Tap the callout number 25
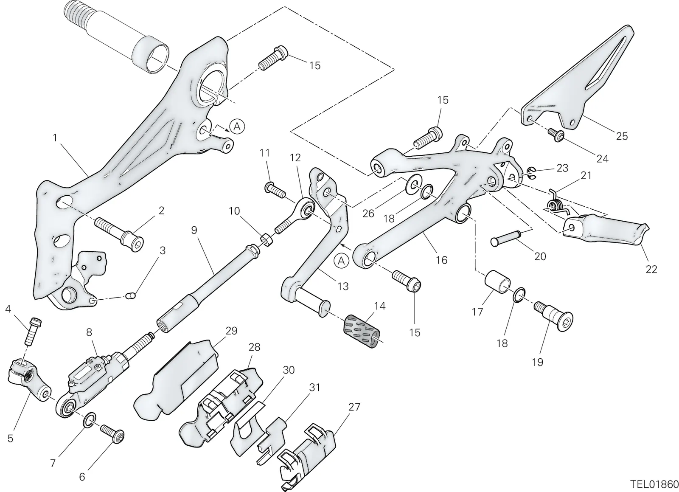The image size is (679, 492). pyautogui.click(x=622, y=136)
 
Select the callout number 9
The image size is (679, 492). pyautogui.click(x=194, y=230)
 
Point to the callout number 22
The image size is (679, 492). pyautogui.click(x=651, y=269)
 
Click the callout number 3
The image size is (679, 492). pyautogui.click(x=163, y=250)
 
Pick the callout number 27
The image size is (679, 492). pyautogui.click(x=354, y=407)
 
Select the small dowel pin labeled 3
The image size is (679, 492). pyautogui.click(x=131, y=295)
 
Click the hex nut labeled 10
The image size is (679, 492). pyautogui.click(x=267, y=240)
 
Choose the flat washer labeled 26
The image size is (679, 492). pyautogui.click(x=414, y=184)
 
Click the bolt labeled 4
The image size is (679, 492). pyautogui.click(x=33, y=332)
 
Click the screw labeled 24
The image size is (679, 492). pyautogui.click(x=556, y=135)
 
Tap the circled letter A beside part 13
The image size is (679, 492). pyautogui.click(x=342, y=261)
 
